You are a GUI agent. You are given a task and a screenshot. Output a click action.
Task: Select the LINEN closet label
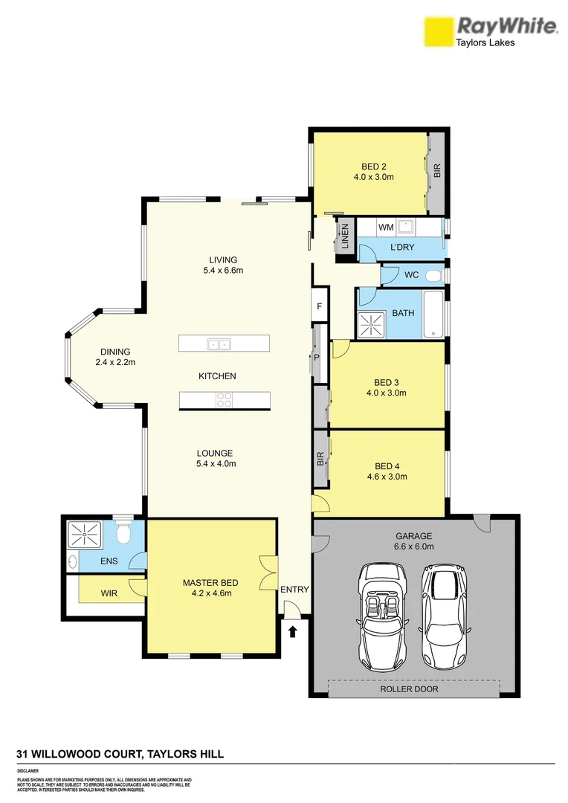click(x=344, y=239)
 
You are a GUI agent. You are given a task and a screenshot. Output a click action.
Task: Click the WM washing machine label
click(x=385, y=226)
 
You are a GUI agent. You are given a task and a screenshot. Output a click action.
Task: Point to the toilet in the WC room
click(x=439, y=275)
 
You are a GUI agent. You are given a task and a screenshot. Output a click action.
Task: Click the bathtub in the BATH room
click(x=433, y=314)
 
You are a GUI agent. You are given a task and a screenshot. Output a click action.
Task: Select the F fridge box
click(x=320, y=306)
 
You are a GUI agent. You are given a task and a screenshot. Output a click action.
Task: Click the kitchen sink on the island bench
click(x=219, y=344)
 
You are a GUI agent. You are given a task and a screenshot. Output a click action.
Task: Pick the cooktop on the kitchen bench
click(x=224, y=400)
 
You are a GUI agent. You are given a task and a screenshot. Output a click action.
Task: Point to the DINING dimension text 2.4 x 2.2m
click(x=115, y=363)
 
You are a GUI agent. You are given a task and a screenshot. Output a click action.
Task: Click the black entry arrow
click(x=293, y=632)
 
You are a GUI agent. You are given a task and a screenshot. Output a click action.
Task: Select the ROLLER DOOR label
click(x=410, y=689)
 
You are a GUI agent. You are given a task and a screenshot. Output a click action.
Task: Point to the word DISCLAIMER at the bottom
click(x=28, y=772)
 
